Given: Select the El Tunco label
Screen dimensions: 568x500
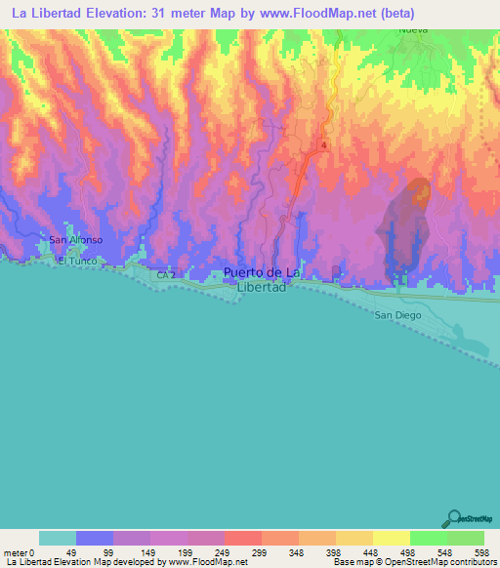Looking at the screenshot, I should [x=74, y=261].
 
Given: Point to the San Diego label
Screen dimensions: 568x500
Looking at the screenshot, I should [x=396, y=315].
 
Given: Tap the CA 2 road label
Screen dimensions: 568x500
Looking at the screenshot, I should [x=166, y=275].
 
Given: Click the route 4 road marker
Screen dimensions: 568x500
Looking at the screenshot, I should [x=320, y=144].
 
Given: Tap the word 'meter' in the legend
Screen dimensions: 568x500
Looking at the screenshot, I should [x=14, y=551].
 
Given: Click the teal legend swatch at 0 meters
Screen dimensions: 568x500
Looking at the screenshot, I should [x=58, y=538].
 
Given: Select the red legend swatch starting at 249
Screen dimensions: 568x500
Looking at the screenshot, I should [x=242, y=538].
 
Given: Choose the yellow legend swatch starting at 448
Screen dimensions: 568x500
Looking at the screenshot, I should [x=391, y=538].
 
